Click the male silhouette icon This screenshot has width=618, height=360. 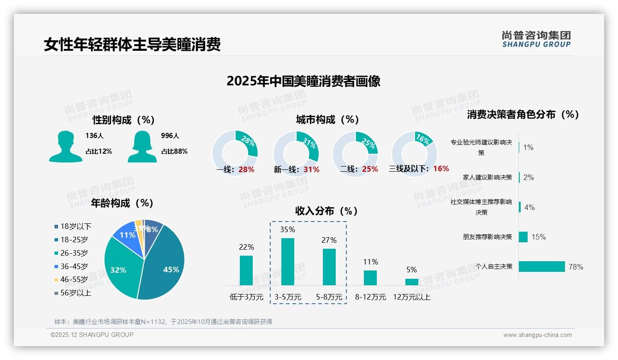coord(65,146)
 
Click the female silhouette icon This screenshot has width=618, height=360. coord(142,146)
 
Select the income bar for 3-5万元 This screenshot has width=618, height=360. coord(288,262)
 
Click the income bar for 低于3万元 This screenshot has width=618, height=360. coord(246,270)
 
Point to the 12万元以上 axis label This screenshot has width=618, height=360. coord(411,297)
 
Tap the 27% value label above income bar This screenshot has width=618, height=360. coord(329,240)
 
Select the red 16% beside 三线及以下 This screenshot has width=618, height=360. coord(441,168)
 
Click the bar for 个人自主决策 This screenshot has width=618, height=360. coord(542,266)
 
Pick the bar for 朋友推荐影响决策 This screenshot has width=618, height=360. coord(523,237)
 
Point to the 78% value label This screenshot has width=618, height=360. coord(576,267)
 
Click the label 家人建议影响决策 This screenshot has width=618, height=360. coord(487,177)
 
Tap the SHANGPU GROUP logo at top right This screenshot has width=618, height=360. coord(536,39)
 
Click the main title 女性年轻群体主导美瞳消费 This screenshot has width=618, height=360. coord(132,44)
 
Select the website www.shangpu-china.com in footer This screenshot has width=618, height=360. coord(537,335)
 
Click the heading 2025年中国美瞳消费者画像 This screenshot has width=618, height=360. coord(303,81)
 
